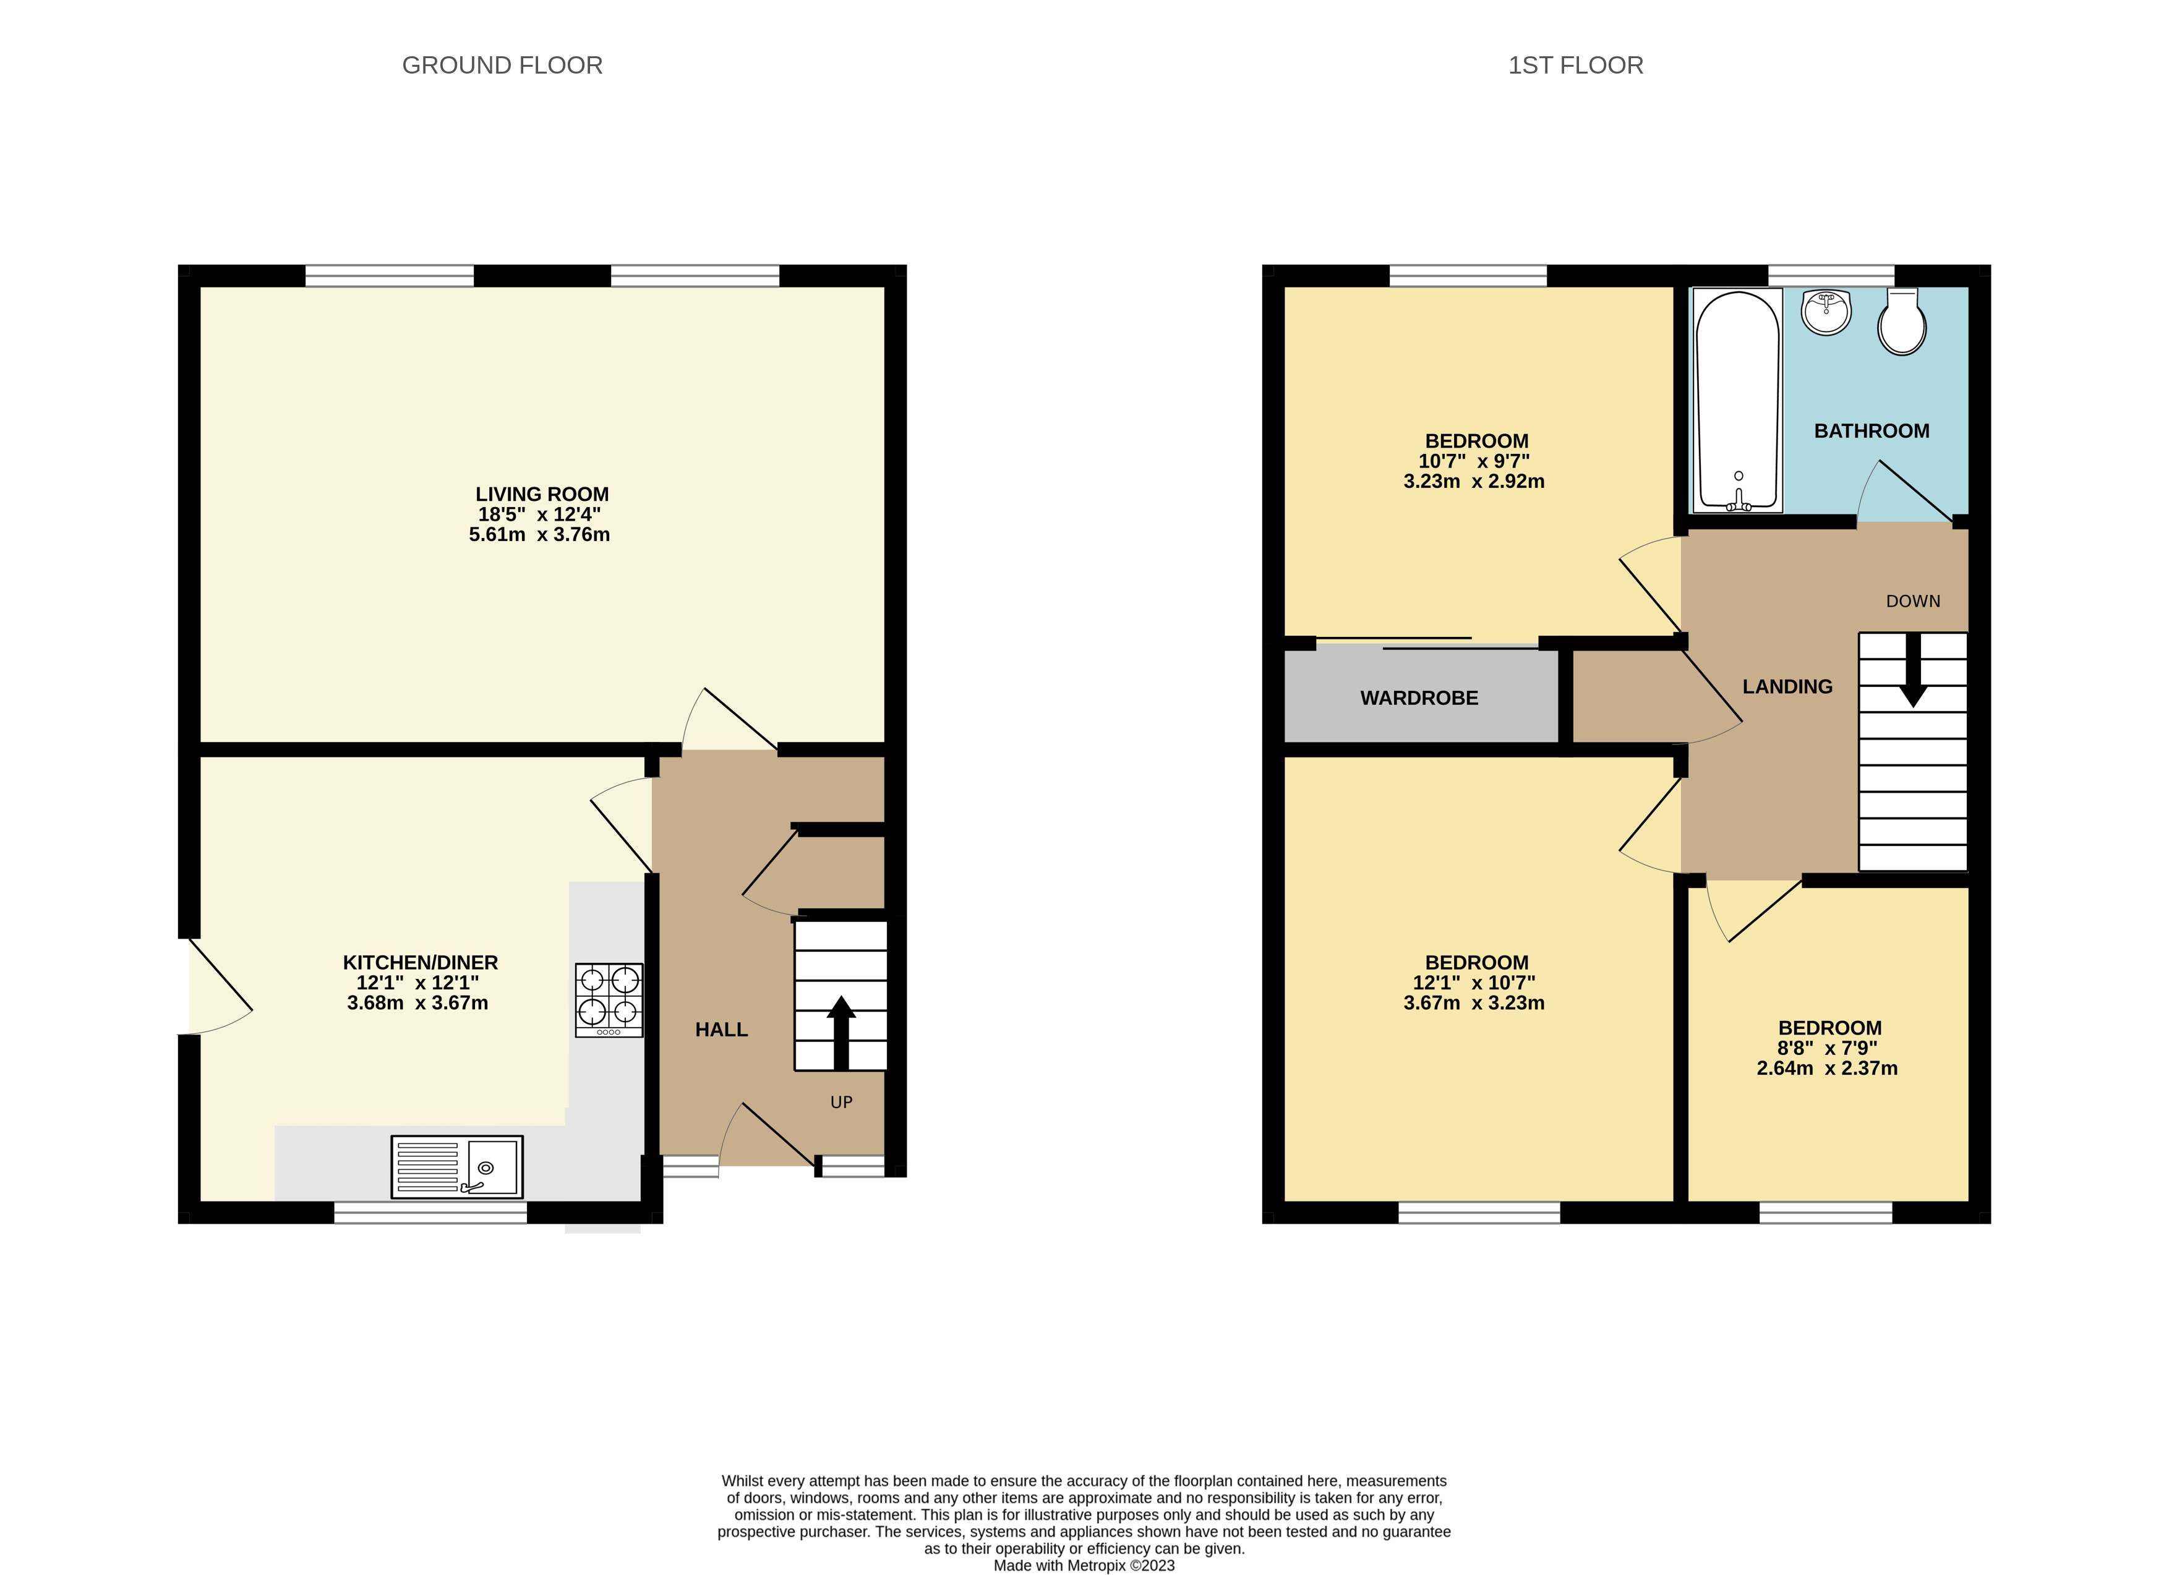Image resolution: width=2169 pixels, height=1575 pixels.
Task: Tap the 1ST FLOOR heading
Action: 1575,65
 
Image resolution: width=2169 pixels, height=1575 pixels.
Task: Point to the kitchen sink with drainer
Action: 456,1167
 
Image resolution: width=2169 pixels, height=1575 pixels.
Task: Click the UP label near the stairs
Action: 841,1103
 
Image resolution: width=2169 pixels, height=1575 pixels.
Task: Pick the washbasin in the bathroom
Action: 1826,312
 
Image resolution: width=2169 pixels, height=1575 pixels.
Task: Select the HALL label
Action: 721,1030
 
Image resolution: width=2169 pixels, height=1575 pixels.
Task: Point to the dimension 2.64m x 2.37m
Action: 1826,1068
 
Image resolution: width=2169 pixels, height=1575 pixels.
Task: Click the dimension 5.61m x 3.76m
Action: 539,534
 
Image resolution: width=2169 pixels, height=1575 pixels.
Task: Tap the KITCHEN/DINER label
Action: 420,962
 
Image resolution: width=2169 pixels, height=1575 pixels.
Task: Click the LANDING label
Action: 1786,686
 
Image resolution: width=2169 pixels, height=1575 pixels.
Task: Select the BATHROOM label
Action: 1871,431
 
